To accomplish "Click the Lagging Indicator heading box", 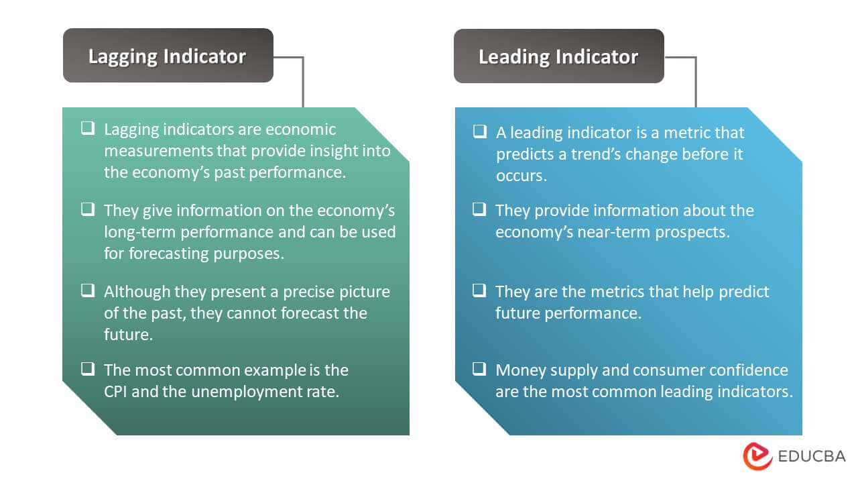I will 168,56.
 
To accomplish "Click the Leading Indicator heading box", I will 558,56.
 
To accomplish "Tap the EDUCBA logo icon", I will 757,456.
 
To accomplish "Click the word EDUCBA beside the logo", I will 812,457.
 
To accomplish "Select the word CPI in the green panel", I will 116,392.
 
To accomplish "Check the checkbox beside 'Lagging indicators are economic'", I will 88,128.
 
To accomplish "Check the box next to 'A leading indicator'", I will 479,131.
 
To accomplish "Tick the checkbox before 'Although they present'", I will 88,290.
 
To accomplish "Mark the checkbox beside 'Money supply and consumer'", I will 479,368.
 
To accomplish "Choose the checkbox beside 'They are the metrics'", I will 479,290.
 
